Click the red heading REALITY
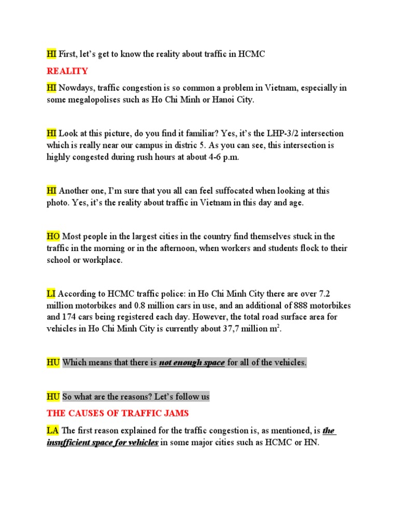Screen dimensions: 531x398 coord(67,71)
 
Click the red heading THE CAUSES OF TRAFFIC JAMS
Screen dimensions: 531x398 coord(118,413)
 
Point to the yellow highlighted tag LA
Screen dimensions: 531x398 coord(52,430)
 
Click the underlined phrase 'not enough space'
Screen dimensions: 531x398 coord(191,362)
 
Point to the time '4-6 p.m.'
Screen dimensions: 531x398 coord(223,157)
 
